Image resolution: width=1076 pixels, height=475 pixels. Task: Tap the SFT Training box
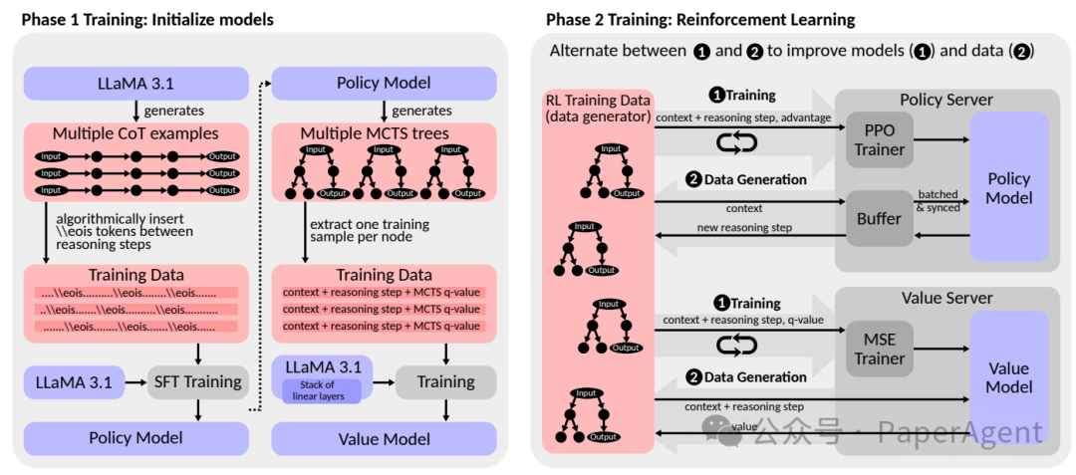tap(196, 381)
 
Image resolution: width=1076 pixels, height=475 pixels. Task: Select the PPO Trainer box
tap(880, 139)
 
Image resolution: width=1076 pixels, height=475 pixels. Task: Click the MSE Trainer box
tap(880, 349)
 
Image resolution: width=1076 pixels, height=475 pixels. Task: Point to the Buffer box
tap(880, 218)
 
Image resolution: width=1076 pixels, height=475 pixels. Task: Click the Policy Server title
tap(946, 101)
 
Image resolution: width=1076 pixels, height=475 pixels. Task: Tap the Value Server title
tap(946, 298)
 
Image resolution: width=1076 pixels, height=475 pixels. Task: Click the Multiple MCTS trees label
tap(385, 133)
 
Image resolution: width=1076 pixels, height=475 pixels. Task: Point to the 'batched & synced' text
tap(938, 201)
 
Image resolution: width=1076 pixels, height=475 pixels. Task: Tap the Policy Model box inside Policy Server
tap(1009, 187)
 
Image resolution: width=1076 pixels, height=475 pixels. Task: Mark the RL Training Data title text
tap(598, 109)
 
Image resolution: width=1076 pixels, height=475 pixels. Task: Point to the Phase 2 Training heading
tap(699, 19)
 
